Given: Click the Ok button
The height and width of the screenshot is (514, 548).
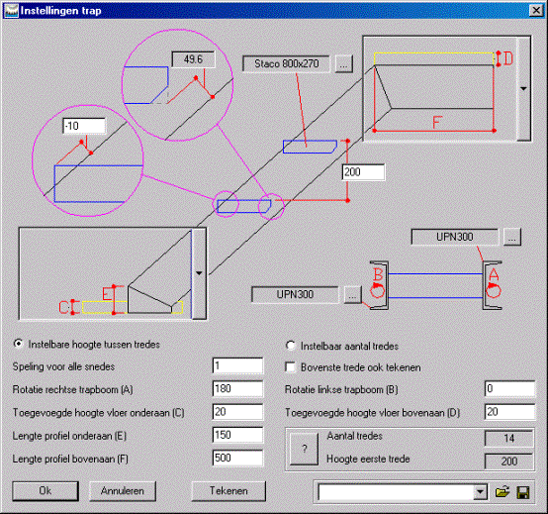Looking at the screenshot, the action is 46,491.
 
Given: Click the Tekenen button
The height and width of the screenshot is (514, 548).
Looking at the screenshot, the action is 228,491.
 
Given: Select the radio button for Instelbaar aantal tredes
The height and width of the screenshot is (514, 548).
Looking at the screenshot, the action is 291,346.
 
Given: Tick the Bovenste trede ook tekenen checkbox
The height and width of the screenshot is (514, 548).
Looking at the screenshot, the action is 290,367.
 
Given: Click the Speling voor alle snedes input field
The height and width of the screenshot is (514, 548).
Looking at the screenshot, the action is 237,366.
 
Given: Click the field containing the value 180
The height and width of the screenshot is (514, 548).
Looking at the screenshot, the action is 237,389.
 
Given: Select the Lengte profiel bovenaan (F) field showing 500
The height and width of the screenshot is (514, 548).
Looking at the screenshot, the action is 237,458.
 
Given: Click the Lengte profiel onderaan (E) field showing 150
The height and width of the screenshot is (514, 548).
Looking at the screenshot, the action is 237,435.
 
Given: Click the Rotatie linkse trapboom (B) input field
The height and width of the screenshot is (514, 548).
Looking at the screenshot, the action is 509,389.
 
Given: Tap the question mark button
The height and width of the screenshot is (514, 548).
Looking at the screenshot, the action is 304,449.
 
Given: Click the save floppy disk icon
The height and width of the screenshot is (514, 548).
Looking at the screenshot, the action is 523,492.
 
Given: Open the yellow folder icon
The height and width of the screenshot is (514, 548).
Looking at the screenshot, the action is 502,492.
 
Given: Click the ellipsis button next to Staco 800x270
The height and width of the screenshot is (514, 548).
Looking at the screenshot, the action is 344,64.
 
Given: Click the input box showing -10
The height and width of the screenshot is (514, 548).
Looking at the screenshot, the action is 84,126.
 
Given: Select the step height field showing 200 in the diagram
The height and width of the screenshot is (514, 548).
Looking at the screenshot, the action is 363,172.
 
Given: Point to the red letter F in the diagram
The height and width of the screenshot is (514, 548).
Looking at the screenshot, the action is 437,123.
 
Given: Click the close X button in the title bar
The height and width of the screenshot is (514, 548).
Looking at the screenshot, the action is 536,11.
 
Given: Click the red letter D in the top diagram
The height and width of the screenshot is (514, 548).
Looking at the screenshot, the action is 508,58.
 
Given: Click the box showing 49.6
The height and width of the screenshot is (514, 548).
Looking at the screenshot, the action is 193,59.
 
